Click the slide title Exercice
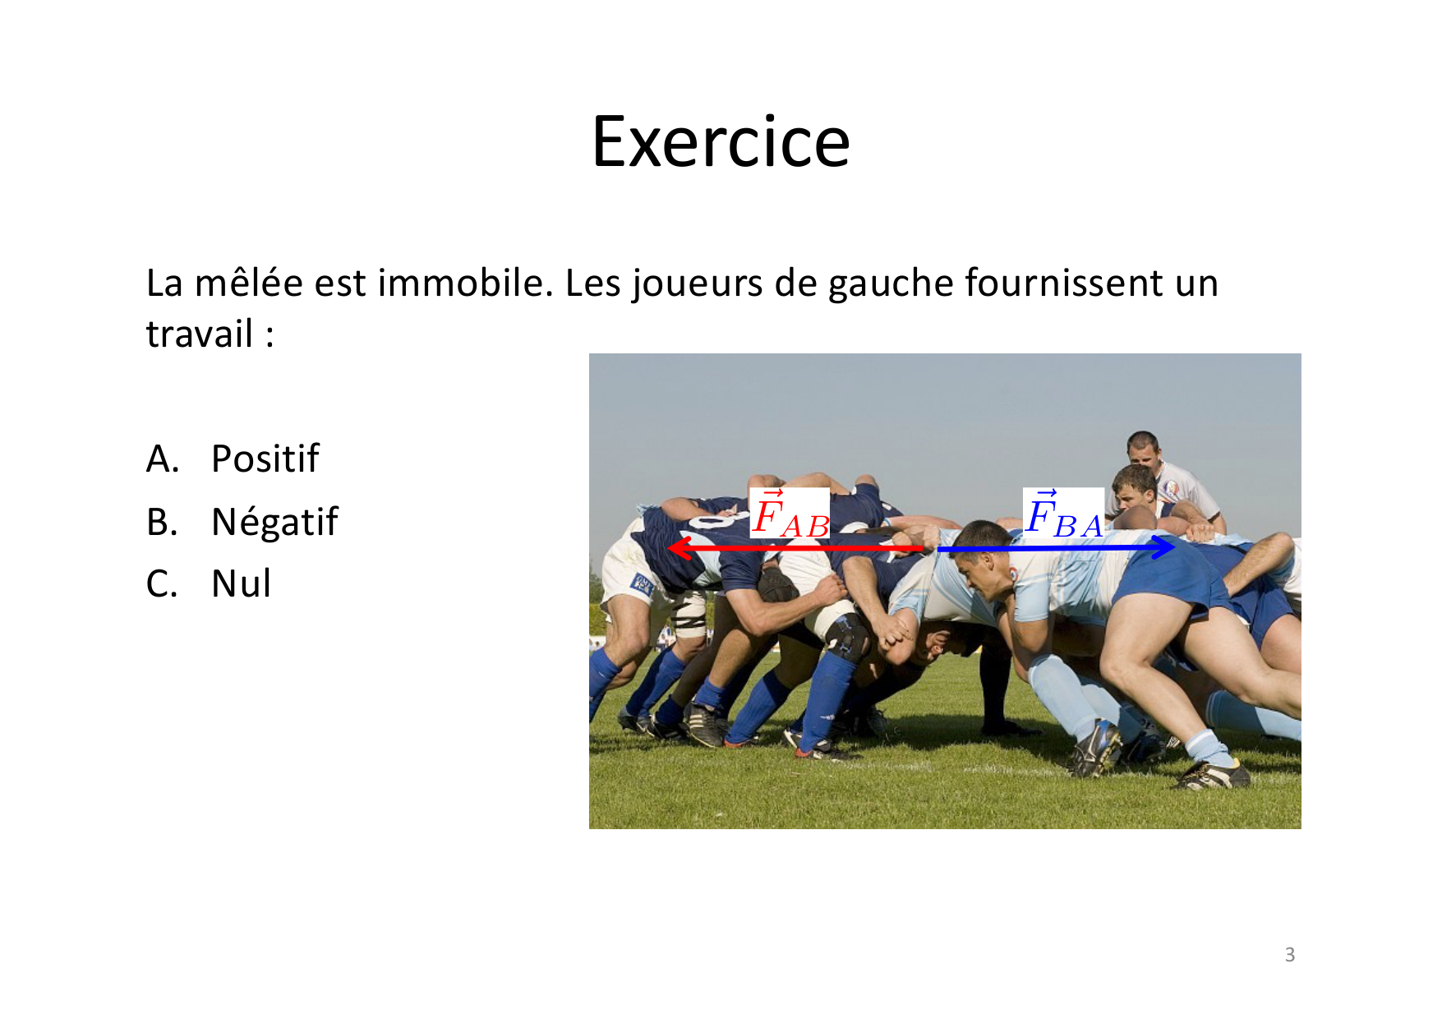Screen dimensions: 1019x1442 coord(721,141)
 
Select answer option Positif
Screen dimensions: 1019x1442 coord(265,459)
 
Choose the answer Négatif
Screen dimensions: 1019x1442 coord(274,522)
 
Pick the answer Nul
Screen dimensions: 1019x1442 coord(241,584)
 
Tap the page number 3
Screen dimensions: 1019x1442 coord(1290,954)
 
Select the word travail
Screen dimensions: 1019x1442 coord(200,334)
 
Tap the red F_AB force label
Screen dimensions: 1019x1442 coord(790,514)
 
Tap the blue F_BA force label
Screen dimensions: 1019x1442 coord(1064,514)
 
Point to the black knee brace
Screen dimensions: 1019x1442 coord(846,637)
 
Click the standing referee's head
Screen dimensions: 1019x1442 coord(1142,448)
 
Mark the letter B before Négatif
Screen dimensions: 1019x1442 coord(162,523)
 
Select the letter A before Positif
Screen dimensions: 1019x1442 coord(162,459)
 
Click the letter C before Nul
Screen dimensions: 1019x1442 coord(162,584)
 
